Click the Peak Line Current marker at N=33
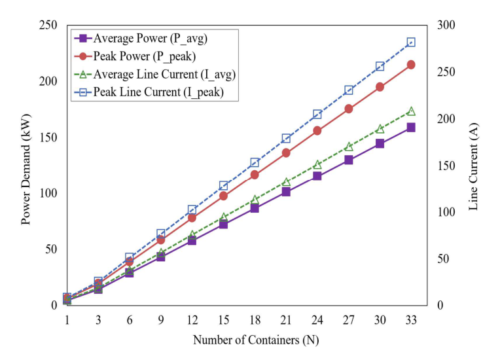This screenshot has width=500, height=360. pyautogui.click(x=411, y=43)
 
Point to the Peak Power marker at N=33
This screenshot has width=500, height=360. pyautogui.click(x=411, y=65)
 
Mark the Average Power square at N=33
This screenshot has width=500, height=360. pyautogui.click(x=411, y=128)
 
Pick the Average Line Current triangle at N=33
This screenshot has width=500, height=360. pyautogui.click(x=411, y=111)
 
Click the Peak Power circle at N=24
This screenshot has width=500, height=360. pyautogui.click(x=317, y=131)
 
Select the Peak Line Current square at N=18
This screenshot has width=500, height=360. pyautogui.click(x=255, y=162)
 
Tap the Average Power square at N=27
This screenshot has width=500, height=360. pyautogui.click(x=349, y=160)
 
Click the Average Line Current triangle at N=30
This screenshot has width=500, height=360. pyautogui.click(x=380, y=129)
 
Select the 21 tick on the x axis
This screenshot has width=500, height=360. pyautogui.click(x=286, y=319)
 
